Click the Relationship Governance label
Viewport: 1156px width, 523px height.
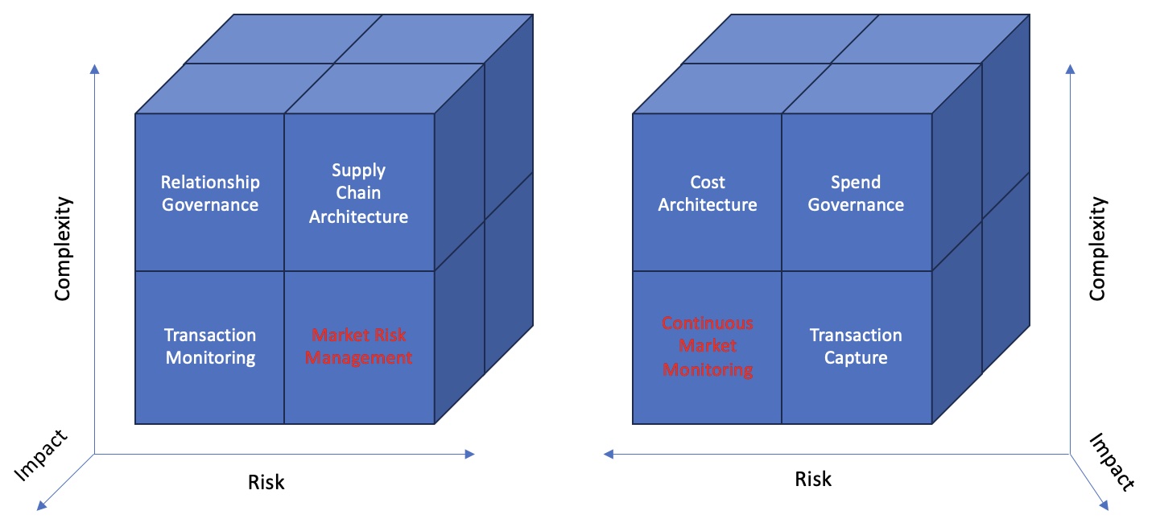point(210,193)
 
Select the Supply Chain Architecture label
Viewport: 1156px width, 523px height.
point(359,193)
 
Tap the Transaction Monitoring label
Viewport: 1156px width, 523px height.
point(210,346)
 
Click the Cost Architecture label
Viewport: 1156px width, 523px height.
point(708,193)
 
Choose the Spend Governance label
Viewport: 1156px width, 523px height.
point(856,193)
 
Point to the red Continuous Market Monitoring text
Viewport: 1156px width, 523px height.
point(708,347)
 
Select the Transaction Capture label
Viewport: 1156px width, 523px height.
point(856,346)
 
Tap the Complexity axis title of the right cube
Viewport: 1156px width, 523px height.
point(1097,249)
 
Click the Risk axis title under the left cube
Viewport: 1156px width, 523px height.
point(266,482)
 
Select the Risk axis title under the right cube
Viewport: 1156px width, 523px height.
point(813,480)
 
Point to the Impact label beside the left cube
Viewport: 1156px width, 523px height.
point(41,455)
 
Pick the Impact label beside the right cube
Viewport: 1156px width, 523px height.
point(1112,462)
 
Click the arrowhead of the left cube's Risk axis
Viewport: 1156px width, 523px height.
point(470,455)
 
